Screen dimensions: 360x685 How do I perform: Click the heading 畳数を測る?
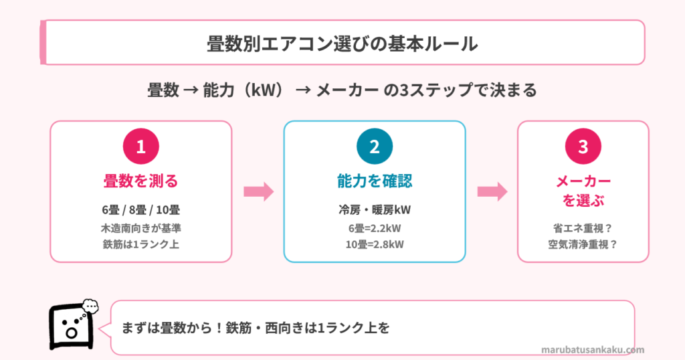[x=140, y=181]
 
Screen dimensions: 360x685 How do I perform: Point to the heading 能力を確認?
[x=375, y=181]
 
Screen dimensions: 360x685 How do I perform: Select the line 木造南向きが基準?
[x=140, y=228]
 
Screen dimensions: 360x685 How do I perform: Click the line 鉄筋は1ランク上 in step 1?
[x=140, y=244]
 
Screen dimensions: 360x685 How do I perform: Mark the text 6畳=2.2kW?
[x=375, y=228]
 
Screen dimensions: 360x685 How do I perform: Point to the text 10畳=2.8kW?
[x=375, y=244]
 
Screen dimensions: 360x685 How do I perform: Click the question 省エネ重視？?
[x=583, y=228]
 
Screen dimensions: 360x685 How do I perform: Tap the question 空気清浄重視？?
[x=583, y=244]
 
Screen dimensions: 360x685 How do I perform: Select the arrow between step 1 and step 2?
[x=258, y=192]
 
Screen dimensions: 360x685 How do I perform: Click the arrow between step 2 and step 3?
[x=492, y=192]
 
